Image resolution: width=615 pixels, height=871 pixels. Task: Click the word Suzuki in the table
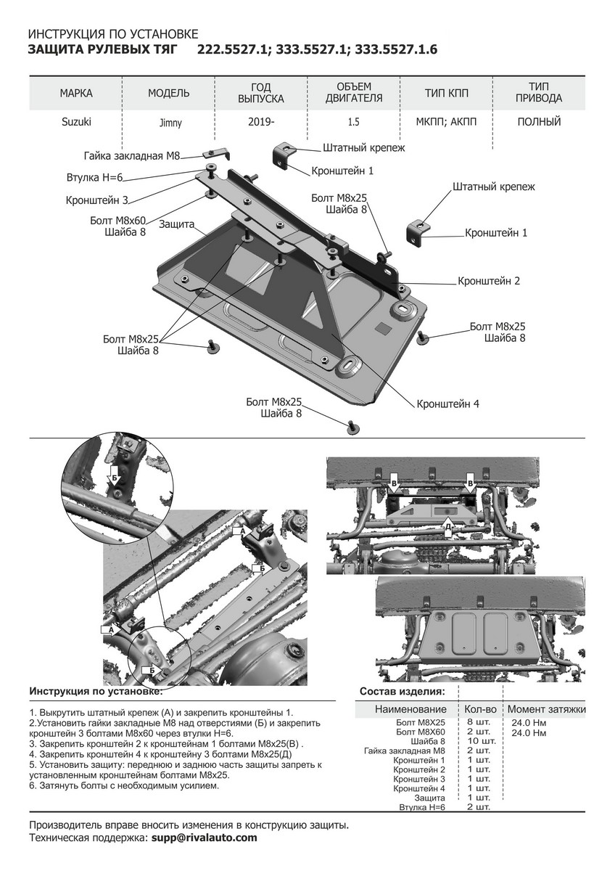coord(76,122)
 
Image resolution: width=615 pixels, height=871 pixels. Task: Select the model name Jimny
coord(170,123)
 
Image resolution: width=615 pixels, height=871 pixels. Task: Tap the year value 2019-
coord(261,122)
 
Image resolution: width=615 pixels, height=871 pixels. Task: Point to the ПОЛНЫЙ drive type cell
coord(539,122)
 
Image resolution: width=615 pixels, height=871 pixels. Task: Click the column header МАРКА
coord(76,94)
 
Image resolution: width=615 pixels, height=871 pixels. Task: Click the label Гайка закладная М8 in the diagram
coord(131,155)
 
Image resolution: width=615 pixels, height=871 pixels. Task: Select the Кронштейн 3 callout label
coord(96,200)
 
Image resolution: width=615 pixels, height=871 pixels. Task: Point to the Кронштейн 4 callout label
coord(447,404)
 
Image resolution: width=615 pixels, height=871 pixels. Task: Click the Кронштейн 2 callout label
coord(489,281)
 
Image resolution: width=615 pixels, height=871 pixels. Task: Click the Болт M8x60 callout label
coord(118,220)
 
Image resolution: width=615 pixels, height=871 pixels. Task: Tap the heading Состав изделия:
coord(403,692)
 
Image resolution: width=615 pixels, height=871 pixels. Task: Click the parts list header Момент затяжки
coord(546,709)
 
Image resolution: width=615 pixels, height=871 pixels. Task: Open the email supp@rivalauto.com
coord(205,838)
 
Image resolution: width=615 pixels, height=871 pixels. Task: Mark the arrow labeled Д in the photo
coord(449,526)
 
